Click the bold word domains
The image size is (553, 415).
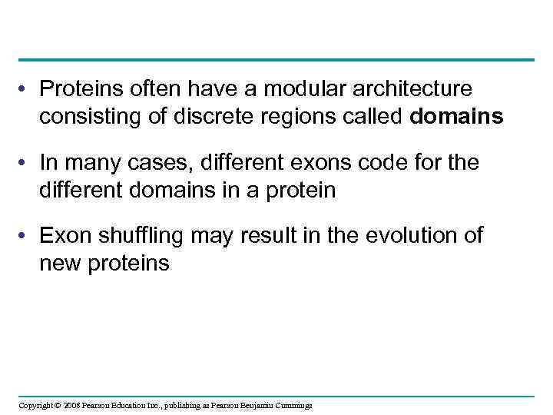pyautogui.click(x=457, y=116)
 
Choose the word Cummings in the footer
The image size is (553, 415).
pyautogui.click(x=292, y=405)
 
